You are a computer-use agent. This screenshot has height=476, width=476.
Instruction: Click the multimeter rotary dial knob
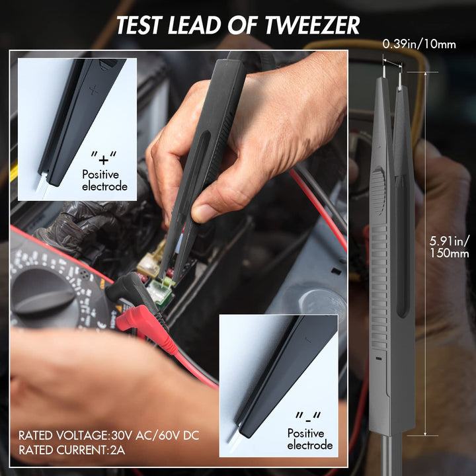(x=43, y=291)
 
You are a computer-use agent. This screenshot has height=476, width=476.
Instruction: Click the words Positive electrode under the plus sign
(x=104, y=180)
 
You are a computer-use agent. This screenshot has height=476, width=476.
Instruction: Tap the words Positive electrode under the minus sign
(x=309, y=439)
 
